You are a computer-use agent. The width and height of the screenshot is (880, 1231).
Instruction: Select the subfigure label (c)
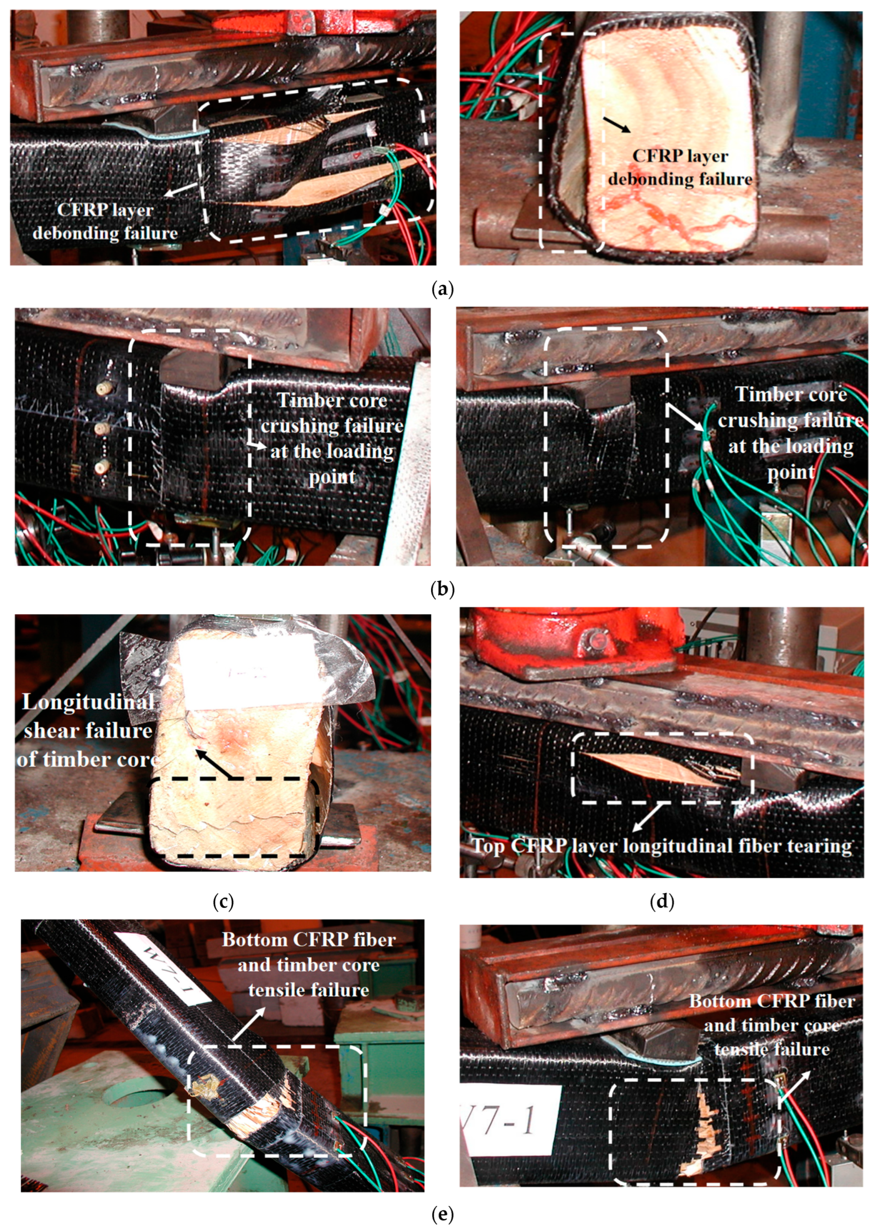point(223,901)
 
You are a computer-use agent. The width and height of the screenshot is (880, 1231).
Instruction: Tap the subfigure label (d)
point(662,901)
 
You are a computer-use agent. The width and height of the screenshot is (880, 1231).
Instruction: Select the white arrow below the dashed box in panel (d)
point(649,817)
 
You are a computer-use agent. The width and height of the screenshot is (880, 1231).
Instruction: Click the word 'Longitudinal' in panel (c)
point(88,702)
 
